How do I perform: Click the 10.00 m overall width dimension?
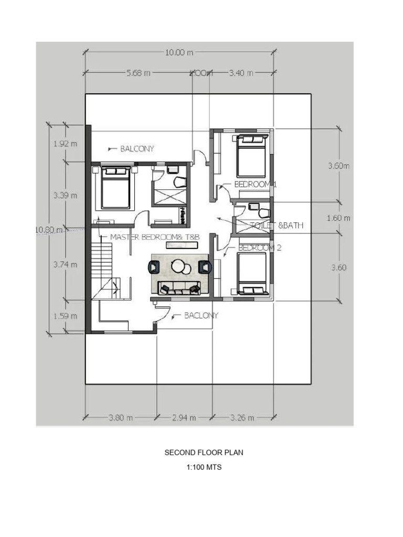click(178, 52)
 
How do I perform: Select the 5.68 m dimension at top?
click(139, 73)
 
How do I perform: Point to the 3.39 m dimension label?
click(66, 196)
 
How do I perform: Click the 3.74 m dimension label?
click(66, 265)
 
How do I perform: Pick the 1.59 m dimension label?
click(66, 316)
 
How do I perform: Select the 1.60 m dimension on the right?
click(339, 218)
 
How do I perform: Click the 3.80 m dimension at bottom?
click(121, 418)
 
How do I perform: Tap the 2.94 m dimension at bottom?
click(184, 418)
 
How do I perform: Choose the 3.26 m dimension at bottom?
click(242, 418)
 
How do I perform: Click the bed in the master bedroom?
click(115, 188)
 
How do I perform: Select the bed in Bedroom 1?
click(251, 156)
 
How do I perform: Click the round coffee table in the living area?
click(180, 267)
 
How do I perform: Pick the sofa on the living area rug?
click(180, 287)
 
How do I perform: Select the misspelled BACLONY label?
click(200, 316)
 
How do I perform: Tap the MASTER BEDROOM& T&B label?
click(155, 237)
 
